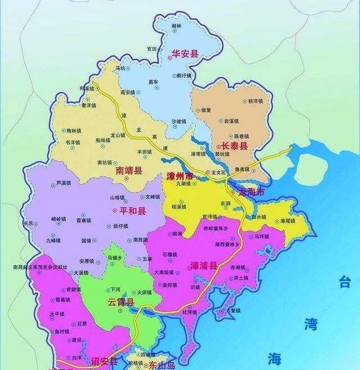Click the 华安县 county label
click(185, 55)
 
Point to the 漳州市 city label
click(179, 176)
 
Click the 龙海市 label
click(251, 192)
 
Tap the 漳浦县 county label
click(203, 265)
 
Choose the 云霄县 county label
click(121, 302)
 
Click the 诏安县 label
click(105, 361)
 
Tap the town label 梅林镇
click(74, 131)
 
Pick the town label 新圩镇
click(184, 75)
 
